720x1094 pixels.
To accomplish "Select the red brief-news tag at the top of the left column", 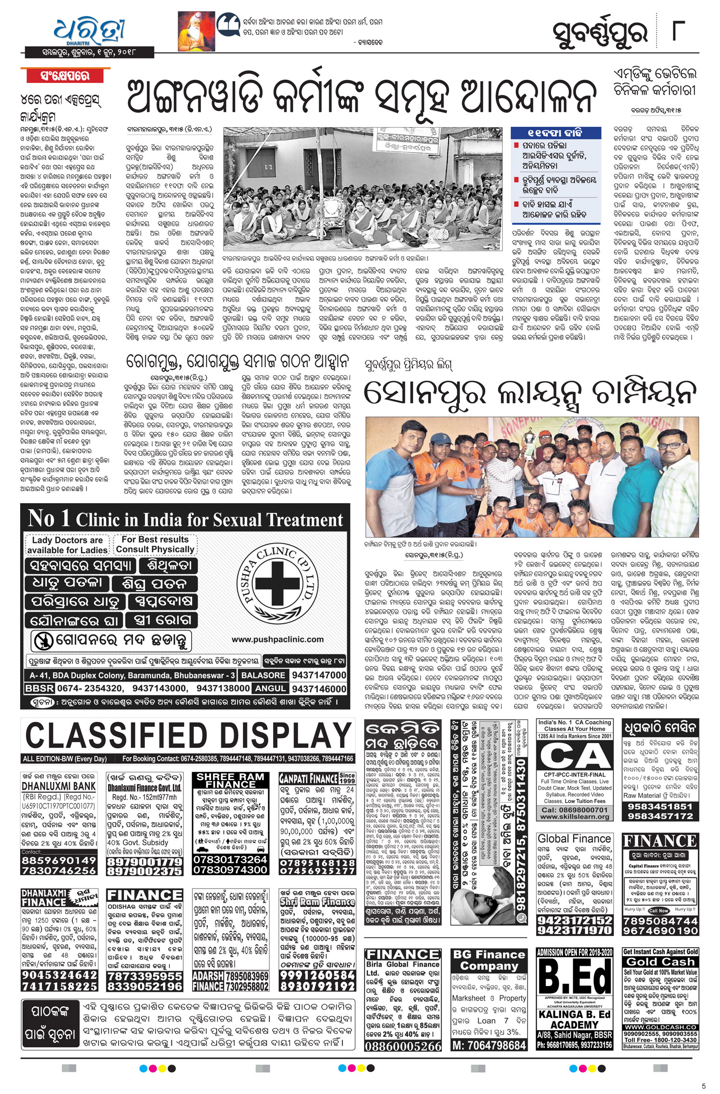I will (x=65, y=75).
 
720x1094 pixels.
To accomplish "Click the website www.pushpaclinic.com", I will (x=277, y=639).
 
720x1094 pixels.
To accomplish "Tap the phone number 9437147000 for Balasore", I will (x=318, y=675).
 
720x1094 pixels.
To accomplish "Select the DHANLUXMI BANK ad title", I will (x=59, y=786).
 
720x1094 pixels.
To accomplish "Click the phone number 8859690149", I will (x=59, y=860).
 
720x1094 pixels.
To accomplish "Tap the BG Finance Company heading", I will (x=489, y=961).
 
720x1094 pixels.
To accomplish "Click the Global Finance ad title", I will (x=574, y=839).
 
